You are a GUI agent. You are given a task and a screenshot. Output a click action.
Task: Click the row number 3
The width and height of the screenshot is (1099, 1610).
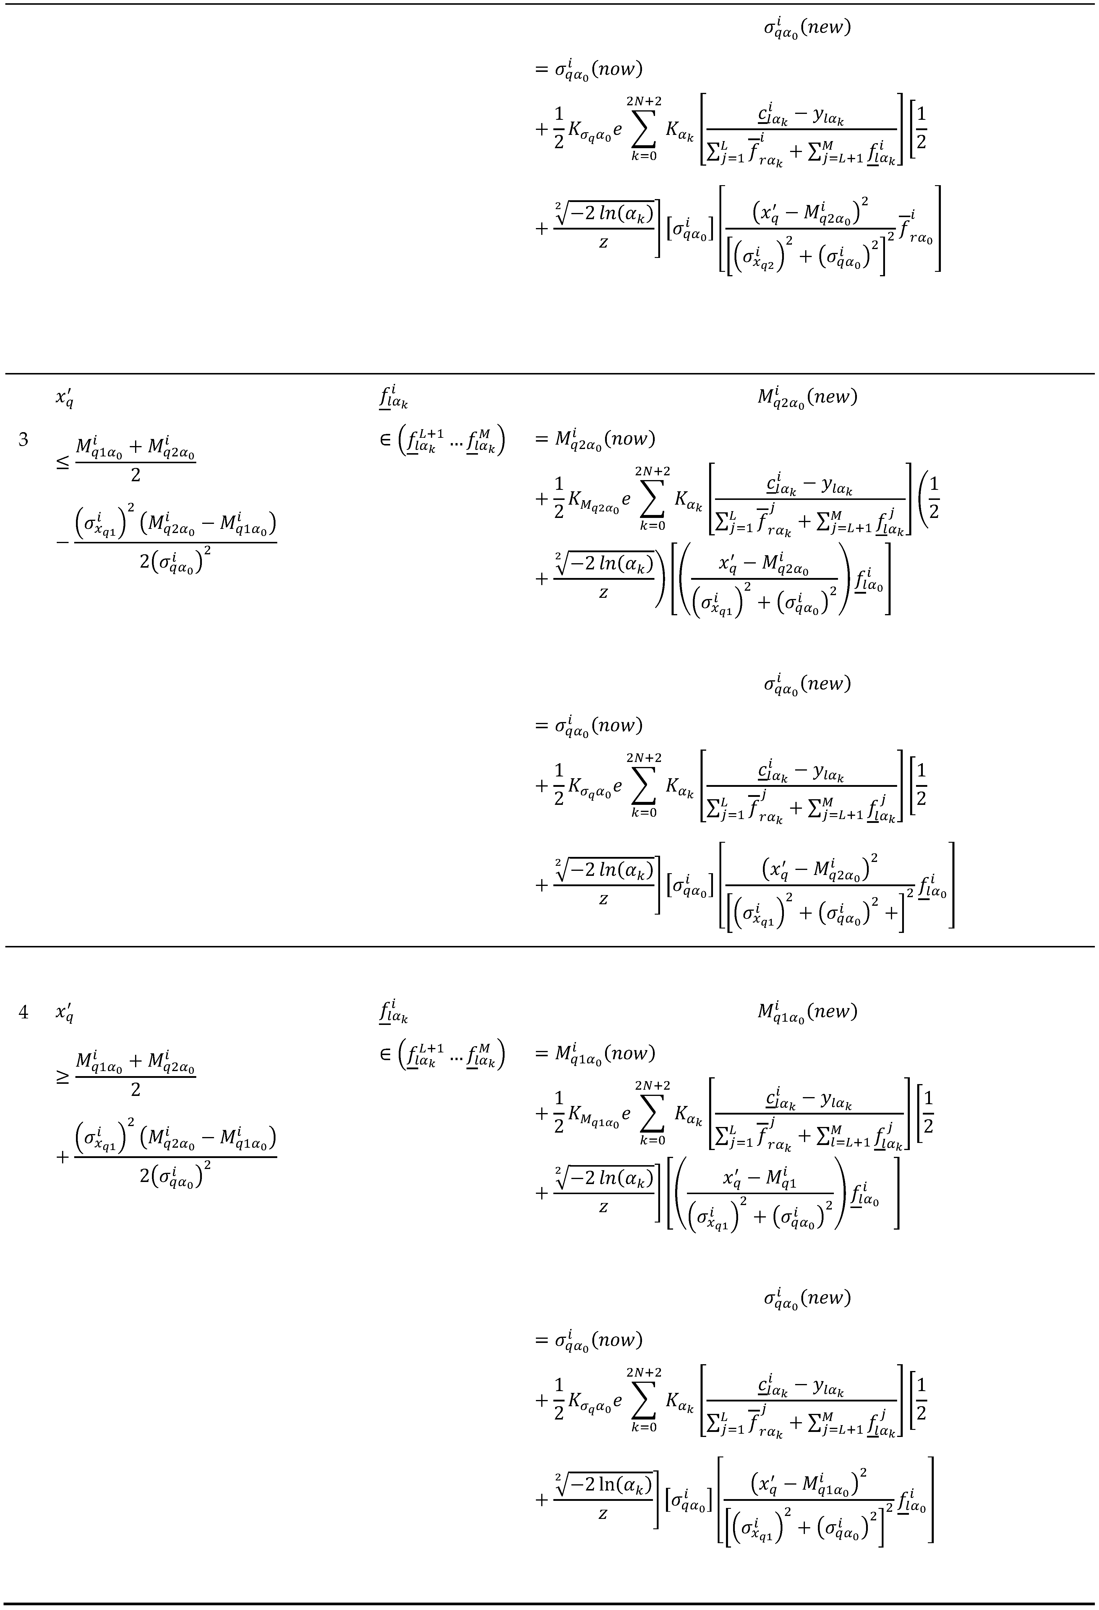coord(24,439)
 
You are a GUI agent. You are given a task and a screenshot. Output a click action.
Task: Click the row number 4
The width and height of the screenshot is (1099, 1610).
coord(24,1012)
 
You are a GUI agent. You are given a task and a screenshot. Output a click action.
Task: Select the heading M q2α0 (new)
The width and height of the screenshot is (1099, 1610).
coord(807,398)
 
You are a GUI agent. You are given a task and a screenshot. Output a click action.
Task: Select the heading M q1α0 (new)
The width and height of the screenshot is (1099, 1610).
coord(807,1012)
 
